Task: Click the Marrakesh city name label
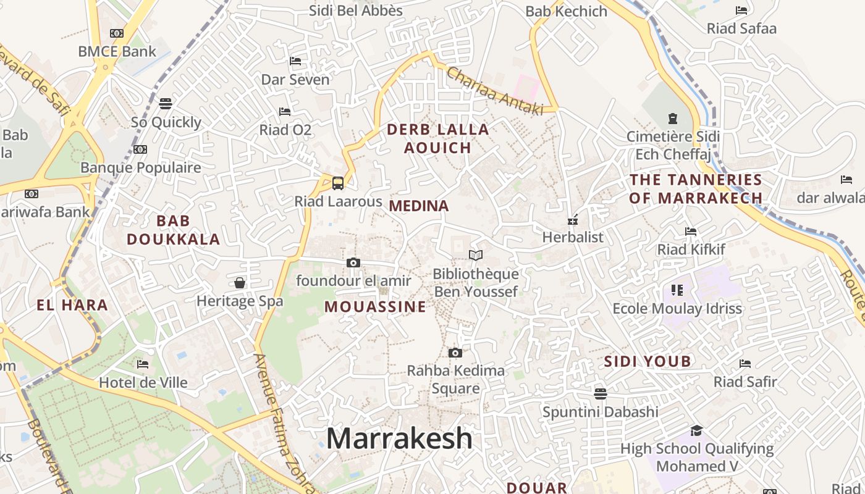pos(399,438)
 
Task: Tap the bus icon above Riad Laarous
pos(338,183)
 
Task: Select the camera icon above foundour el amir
pos(353,262)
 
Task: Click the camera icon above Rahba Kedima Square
pos(455,353)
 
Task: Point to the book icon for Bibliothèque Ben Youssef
pos(476,255)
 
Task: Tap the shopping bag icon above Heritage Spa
pos(240,283)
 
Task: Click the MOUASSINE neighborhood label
pos(375,307)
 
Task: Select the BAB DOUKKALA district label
pos(173,230)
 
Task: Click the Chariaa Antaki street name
pos(494,90)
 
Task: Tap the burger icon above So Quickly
pos(166,103)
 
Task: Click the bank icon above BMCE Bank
pos(117,33)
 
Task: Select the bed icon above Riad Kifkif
pos(691,232)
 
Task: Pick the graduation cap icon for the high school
pos(697,430)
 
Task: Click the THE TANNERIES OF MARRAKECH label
pos(696,189)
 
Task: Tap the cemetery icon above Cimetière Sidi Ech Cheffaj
pos(672,118)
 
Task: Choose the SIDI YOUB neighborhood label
pos(647,362)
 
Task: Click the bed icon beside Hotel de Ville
pos(143,364)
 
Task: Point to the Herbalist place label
pos(573,237)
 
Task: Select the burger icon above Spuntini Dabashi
pos(600,393)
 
